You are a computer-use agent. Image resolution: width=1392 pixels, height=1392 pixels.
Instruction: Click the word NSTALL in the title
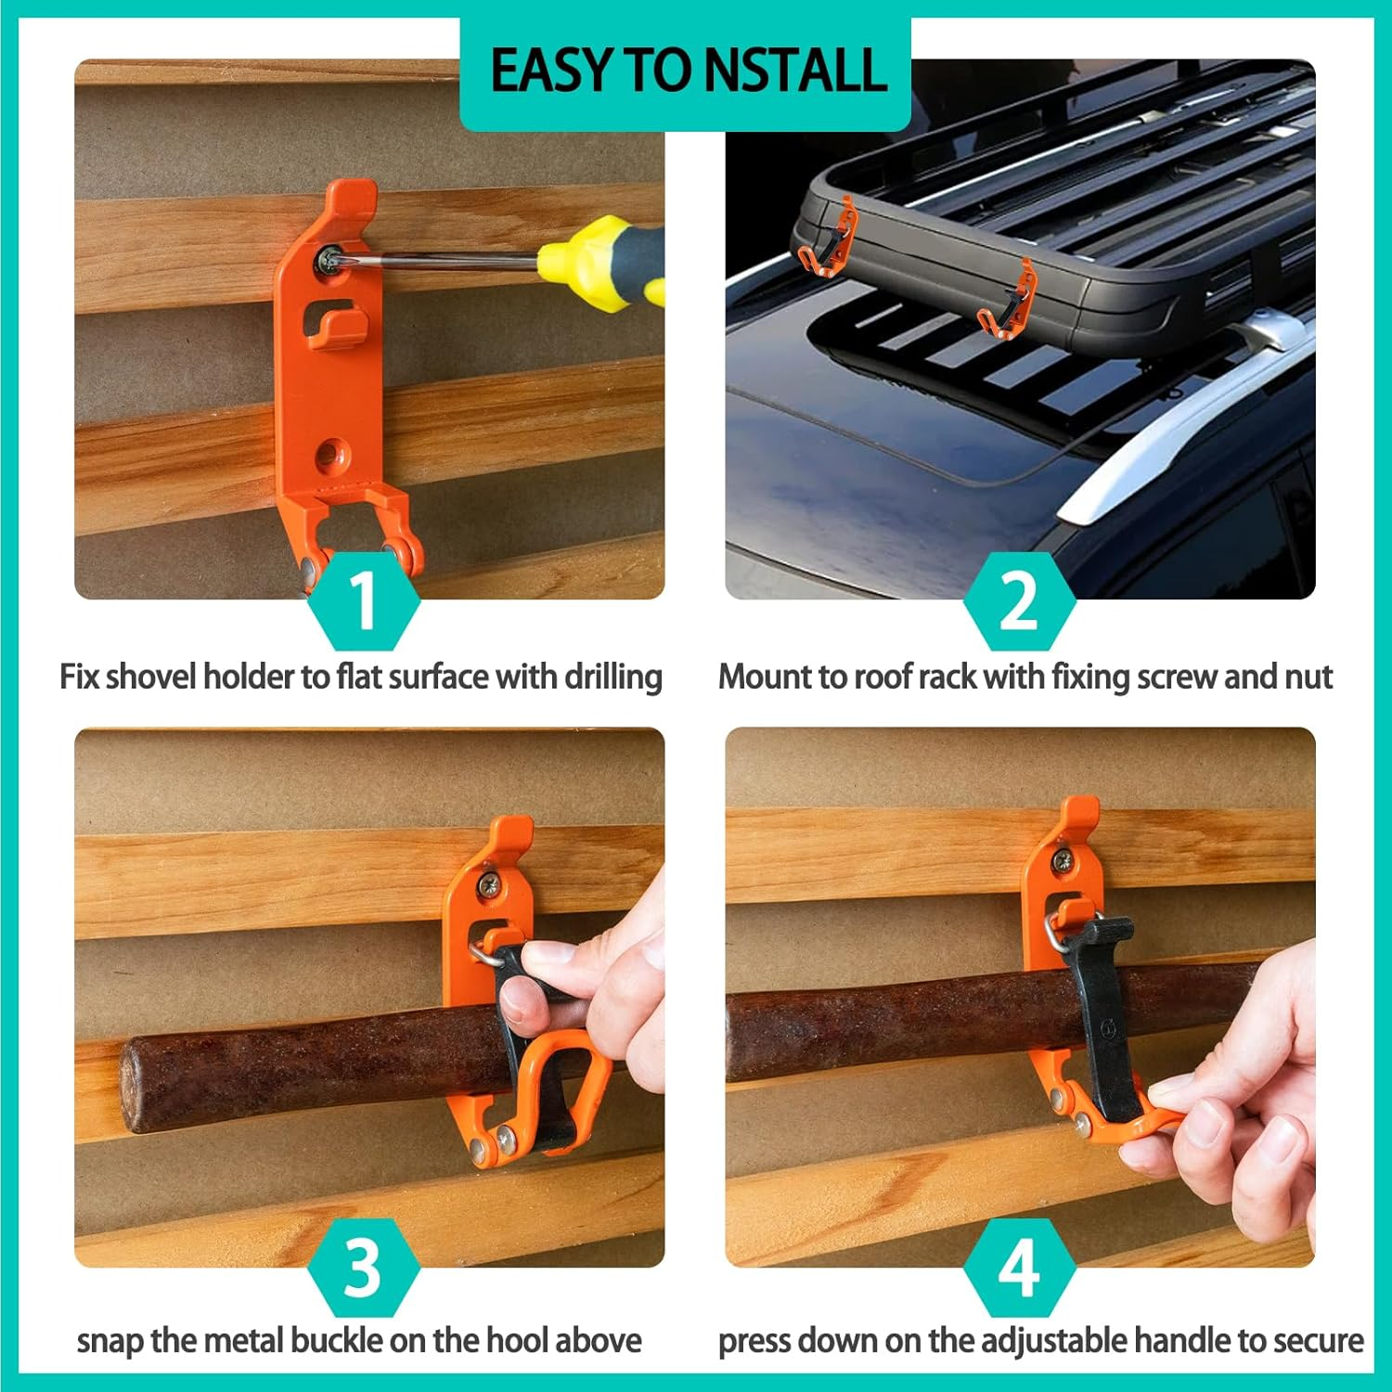click(794, 71)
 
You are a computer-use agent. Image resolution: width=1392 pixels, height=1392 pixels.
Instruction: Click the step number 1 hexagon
click(364, 600)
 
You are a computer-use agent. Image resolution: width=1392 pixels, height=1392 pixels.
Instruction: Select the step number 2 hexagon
click(1019, 600)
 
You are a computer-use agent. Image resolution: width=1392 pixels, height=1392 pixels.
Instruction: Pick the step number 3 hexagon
click(364, 1267)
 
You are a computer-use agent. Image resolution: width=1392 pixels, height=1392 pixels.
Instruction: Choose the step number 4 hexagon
click(1019, 1267)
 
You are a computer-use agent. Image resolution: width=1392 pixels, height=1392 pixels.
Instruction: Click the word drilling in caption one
click(613, 677)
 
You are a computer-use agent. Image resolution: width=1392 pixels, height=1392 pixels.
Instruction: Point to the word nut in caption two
click(1308, 677)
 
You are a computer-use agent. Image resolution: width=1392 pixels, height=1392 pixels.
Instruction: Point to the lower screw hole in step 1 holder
click(328, 455)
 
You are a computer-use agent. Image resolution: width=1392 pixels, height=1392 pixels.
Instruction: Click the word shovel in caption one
click(152, 677)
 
